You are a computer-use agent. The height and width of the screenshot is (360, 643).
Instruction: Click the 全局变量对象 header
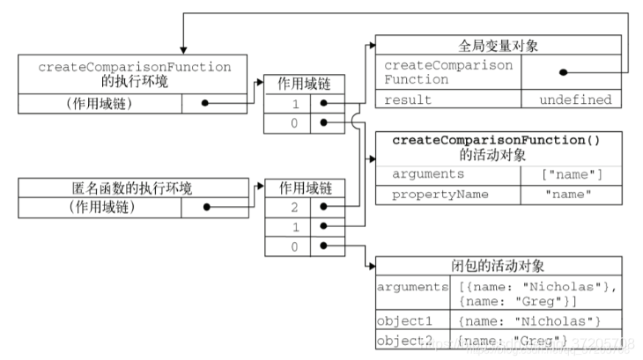499,44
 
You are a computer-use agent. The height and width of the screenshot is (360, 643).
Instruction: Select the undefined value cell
575,99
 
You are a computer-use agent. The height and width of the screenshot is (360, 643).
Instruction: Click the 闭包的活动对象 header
499,267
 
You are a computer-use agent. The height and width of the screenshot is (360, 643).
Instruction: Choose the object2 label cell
413,340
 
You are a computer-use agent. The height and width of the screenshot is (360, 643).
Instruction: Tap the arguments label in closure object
413,288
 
